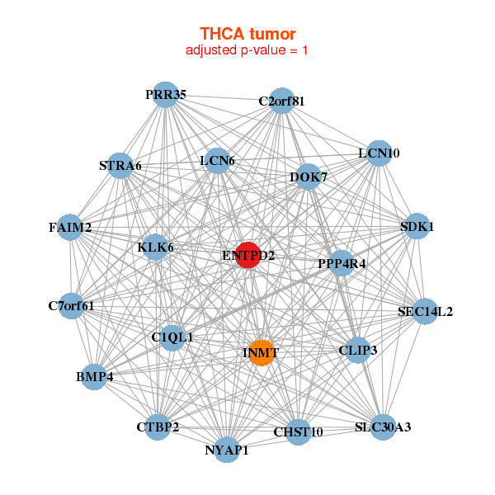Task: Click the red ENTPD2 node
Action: click(248, 255)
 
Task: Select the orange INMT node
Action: click(261, 353)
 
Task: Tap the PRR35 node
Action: click(166, 95)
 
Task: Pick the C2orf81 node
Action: click(282, 101)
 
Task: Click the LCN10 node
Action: click(379, 153)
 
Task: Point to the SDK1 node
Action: click(417, 226)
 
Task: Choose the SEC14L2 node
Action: click(425, 311)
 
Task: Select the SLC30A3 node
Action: click(383, 427)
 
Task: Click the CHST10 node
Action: click(298, 431)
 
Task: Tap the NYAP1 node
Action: click(227, 450)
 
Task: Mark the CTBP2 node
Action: click(158, 427)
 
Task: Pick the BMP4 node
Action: click(94, 377)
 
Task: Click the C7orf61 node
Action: click(72, 306)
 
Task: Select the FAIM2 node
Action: click(70, 227)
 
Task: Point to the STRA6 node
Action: click(120, 165)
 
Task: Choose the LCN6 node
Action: click(217, 160)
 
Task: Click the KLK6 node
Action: click(155, 247)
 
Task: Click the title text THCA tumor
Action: click(247, 34)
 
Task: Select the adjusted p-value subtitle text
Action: click(247, 50)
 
